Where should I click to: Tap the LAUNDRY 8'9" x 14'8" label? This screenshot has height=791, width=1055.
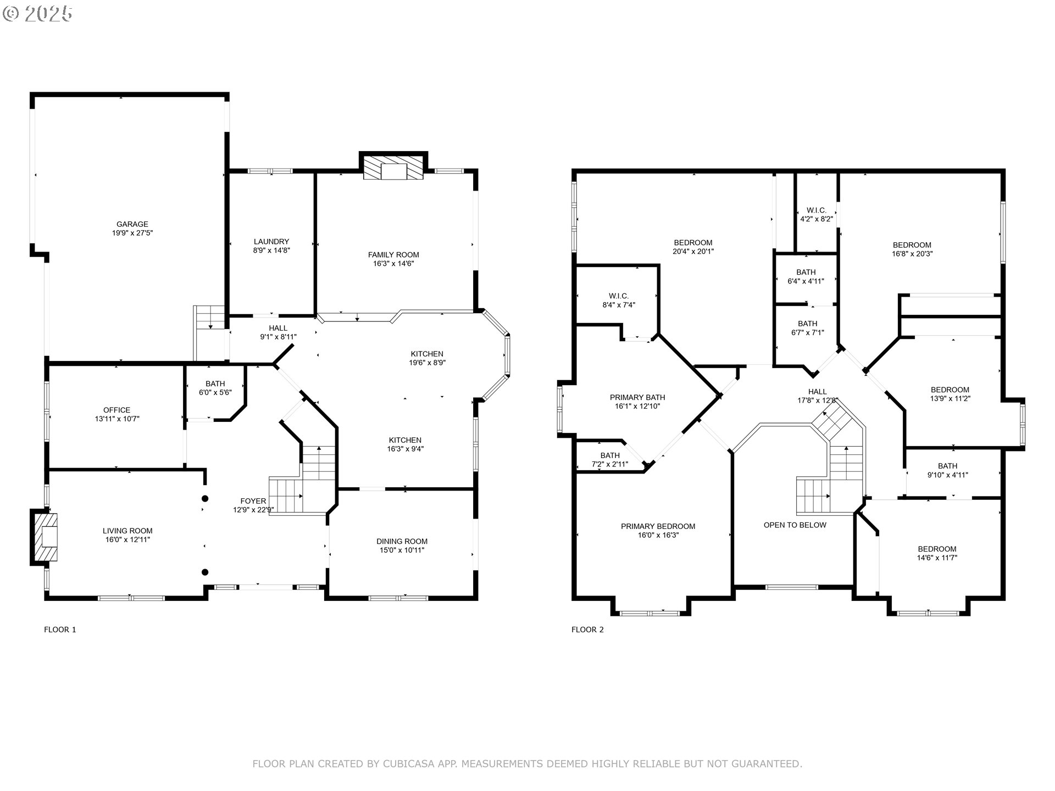pos(271,246)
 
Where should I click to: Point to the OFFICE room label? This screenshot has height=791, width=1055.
pos(117,410)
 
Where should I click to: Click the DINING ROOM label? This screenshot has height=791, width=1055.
pos(402,541)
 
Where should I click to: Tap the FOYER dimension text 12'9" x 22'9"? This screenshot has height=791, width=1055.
pos(253,510)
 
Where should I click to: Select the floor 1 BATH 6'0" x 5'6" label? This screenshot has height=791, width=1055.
pos(215,388)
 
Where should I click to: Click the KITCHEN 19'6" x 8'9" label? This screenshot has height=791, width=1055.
pos(427,358)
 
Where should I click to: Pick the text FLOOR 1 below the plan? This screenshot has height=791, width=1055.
pos(60,630)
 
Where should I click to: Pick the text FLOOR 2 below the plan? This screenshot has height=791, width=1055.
pos(587,630)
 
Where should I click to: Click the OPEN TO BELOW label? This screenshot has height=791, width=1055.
pos(795,525)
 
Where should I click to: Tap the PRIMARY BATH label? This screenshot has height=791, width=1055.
pos(637,398)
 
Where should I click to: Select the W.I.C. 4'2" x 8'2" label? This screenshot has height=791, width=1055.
pos(817,214)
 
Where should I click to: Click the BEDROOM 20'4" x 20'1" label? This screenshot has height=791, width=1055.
pos(693,247)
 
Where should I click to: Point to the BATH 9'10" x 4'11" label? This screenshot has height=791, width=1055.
pos(948,470)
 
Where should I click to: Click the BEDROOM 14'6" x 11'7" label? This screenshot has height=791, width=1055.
pos(937,553)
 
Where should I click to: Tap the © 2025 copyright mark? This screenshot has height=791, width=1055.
pos(37,14)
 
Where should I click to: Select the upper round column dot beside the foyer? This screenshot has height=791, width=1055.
pos(205,499)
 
